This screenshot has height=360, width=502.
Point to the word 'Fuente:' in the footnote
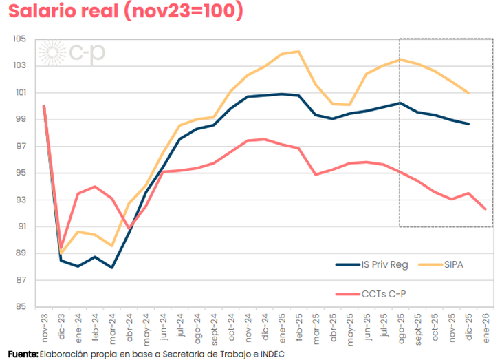[x=23, y=353]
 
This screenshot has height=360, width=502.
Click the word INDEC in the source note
[x=271, y=353]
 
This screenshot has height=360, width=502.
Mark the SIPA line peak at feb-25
[x=298, y=51]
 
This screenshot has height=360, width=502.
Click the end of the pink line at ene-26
[x=485, y=209]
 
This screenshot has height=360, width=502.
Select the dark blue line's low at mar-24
[x=112, y=268]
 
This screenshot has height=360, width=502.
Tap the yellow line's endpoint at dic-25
[x=468, y=92]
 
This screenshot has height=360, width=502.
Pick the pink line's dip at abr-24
[x=129, y=228]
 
